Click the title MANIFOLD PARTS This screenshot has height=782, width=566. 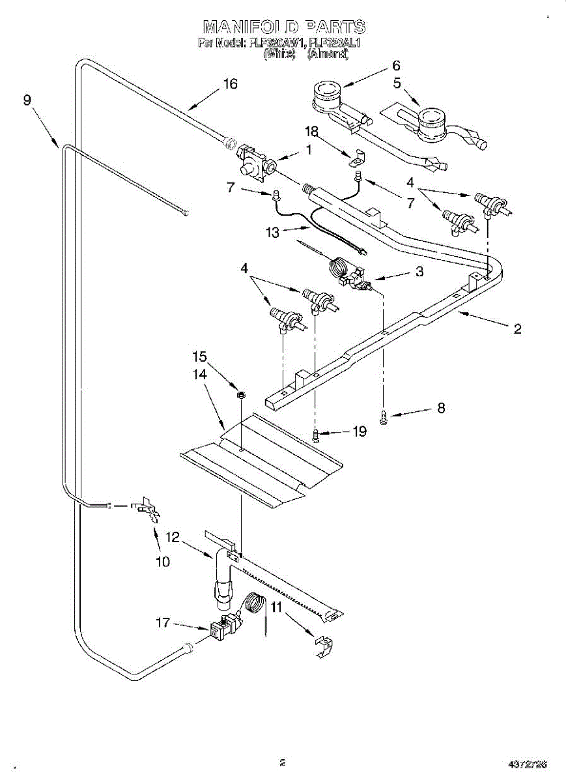(x=284, y=27)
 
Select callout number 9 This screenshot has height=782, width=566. (x=27, y=100)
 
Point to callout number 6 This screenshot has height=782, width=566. (x=396, y=65)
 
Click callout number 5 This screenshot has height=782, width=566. (x=396, y=83)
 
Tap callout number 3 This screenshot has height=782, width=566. (x=419, y=272)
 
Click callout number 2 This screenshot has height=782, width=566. (x=516, y=329)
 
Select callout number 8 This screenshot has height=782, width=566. (x=441, y=409)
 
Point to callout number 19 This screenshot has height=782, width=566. (x=359, y=431)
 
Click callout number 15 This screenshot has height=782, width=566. (x=199, y=356)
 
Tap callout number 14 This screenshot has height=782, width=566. (x=199, y=374)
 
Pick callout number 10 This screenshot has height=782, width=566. (x=162, y=560)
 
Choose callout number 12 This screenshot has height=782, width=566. (x=172, y=538)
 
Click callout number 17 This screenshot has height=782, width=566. (x=162, y=623)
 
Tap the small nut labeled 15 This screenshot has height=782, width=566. (x=240, y=394)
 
